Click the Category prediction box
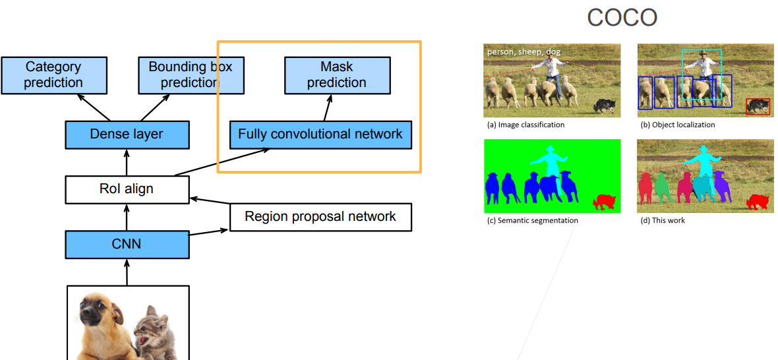[x=53, y=75]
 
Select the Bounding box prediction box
[x=191, y=75]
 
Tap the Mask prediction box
[x=337, y=75]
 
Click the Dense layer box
[x=127, y=135]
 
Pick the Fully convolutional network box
[x=320, y=135]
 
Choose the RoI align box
[x=127, y=189]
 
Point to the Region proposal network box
[x=320, y=217]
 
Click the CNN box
[x=127, y=245]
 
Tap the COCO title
[x=622, y=18]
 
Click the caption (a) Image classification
[x=526, y=125]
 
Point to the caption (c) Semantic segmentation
[x=532, y=220]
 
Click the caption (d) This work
[x=663, y=220]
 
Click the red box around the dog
[x=758, y=107]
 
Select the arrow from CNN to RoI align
[x=127, y=217]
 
